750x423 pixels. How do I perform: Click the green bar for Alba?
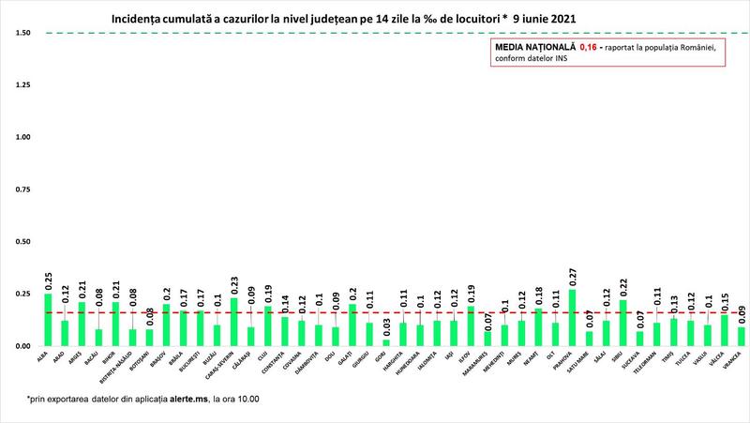click(48, 320)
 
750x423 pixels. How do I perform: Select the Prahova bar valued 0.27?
click(572, 318)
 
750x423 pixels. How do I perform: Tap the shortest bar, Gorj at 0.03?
click(385, 342)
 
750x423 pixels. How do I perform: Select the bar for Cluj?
click(268, 325)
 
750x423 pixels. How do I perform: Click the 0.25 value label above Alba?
click(48, 280)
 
